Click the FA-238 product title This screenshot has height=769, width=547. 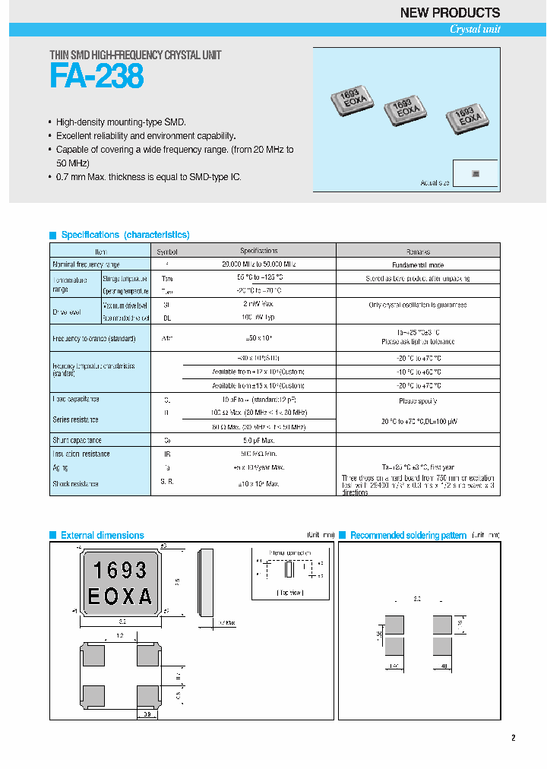point(96,77)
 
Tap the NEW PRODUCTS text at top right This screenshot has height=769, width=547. point(450,12)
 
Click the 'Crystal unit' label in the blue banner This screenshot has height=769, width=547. point(475,30)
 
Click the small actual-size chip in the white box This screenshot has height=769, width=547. point(476,174)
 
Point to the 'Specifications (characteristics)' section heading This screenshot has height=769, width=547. point(125,235)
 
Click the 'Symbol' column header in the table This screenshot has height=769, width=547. point(166,251)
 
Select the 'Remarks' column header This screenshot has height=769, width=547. point(417,251)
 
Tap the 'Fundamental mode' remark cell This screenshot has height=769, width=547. point(417,264)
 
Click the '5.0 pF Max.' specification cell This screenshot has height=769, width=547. point(258,440)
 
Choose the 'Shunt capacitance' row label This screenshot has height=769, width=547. point(77,440)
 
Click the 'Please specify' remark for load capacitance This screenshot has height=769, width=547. point(417,400)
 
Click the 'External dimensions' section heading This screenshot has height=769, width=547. point(102,535)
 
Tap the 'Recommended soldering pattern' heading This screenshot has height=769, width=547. point(408,535)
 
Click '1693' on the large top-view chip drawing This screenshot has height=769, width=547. point(119,570)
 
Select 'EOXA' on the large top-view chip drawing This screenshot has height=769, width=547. point(119,597)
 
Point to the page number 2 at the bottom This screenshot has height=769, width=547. point(513,738)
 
